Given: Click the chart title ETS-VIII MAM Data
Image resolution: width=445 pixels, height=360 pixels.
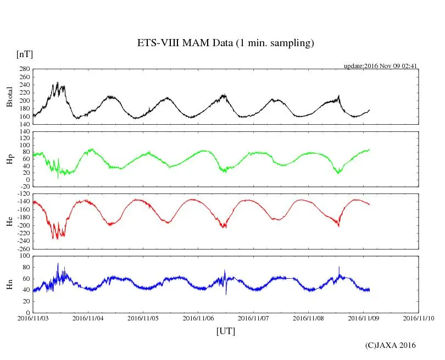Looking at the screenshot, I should point(225,43).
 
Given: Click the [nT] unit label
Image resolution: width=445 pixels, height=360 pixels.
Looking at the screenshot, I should point(24,54).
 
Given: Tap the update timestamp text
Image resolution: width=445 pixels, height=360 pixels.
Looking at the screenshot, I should point(381,66).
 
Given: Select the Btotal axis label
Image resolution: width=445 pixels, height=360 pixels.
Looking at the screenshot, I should point(9,97).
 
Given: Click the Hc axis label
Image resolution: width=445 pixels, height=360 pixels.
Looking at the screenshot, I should point(9,221).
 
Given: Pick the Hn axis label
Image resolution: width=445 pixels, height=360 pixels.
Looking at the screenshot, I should point(9,284).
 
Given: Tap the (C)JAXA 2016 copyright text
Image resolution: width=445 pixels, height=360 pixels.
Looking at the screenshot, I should point(390,345).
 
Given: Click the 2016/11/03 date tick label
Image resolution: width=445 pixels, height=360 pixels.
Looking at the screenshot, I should point(33,318).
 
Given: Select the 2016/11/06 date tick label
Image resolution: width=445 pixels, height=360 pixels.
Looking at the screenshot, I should point(198,318).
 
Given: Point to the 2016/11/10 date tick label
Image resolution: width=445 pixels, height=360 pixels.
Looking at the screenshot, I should point(419,318).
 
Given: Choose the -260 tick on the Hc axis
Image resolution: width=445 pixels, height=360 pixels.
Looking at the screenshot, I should point(23,249).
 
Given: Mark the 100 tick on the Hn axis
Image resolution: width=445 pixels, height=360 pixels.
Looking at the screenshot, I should point(24,256).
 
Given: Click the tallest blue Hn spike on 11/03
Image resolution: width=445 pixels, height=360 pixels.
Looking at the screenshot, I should point(58,263).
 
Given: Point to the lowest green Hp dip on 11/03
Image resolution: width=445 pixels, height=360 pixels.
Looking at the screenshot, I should point(58,178).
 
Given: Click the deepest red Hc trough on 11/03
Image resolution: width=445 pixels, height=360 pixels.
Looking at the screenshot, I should point(57,239).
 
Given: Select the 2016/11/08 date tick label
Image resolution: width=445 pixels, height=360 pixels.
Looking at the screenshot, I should point(309,318).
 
